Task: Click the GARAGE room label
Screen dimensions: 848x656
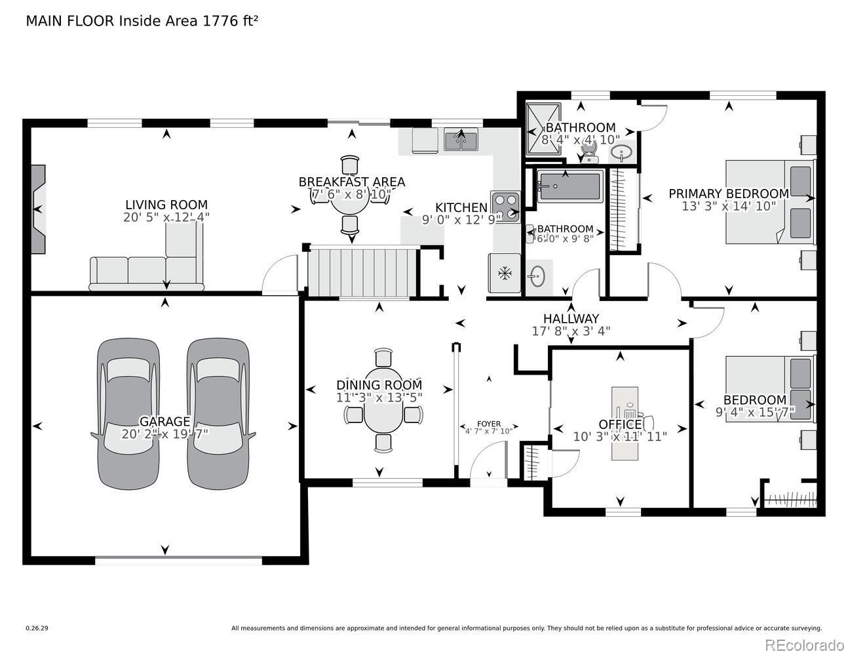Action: point(165,421)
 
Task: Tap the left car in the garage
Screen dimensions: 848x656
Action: point(128,414)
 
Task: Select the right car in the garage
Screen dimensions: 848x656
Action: point(218,414)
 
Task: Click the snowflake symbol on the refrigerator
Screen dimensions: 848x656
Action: point(505,274)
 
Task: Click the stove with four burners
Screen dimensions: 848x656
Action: point(505,207)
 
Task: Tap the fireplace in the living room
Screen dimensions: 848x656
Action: point(38,209)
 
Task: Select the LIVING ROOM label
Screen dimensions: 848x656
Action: point(166,205)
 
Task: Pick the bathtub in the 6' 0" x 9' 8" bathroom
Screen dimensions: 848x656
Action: point(570,186)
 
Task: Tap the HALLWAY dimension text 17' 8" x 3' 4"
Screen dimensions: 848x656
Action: point(571,331)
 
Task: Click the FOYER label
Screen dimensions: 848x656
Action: point(489,424)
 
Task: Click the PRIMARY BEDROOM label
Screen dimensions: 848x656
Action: point(729,194)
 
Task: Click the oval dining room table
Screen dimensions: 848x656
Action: point(383,411)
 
